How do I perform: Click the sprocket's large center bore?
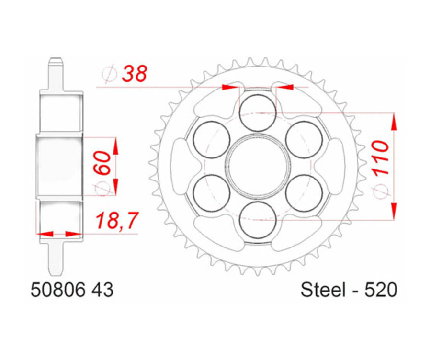258,166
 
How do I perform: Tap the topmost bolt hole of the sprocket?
258,112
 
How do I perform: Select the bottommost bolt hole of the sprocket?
258,219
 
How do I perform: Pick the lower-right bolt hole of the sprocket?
304,192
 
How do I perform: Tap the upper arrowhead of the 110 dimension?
394,123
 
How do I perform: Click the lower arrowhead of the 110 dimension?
394,210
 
